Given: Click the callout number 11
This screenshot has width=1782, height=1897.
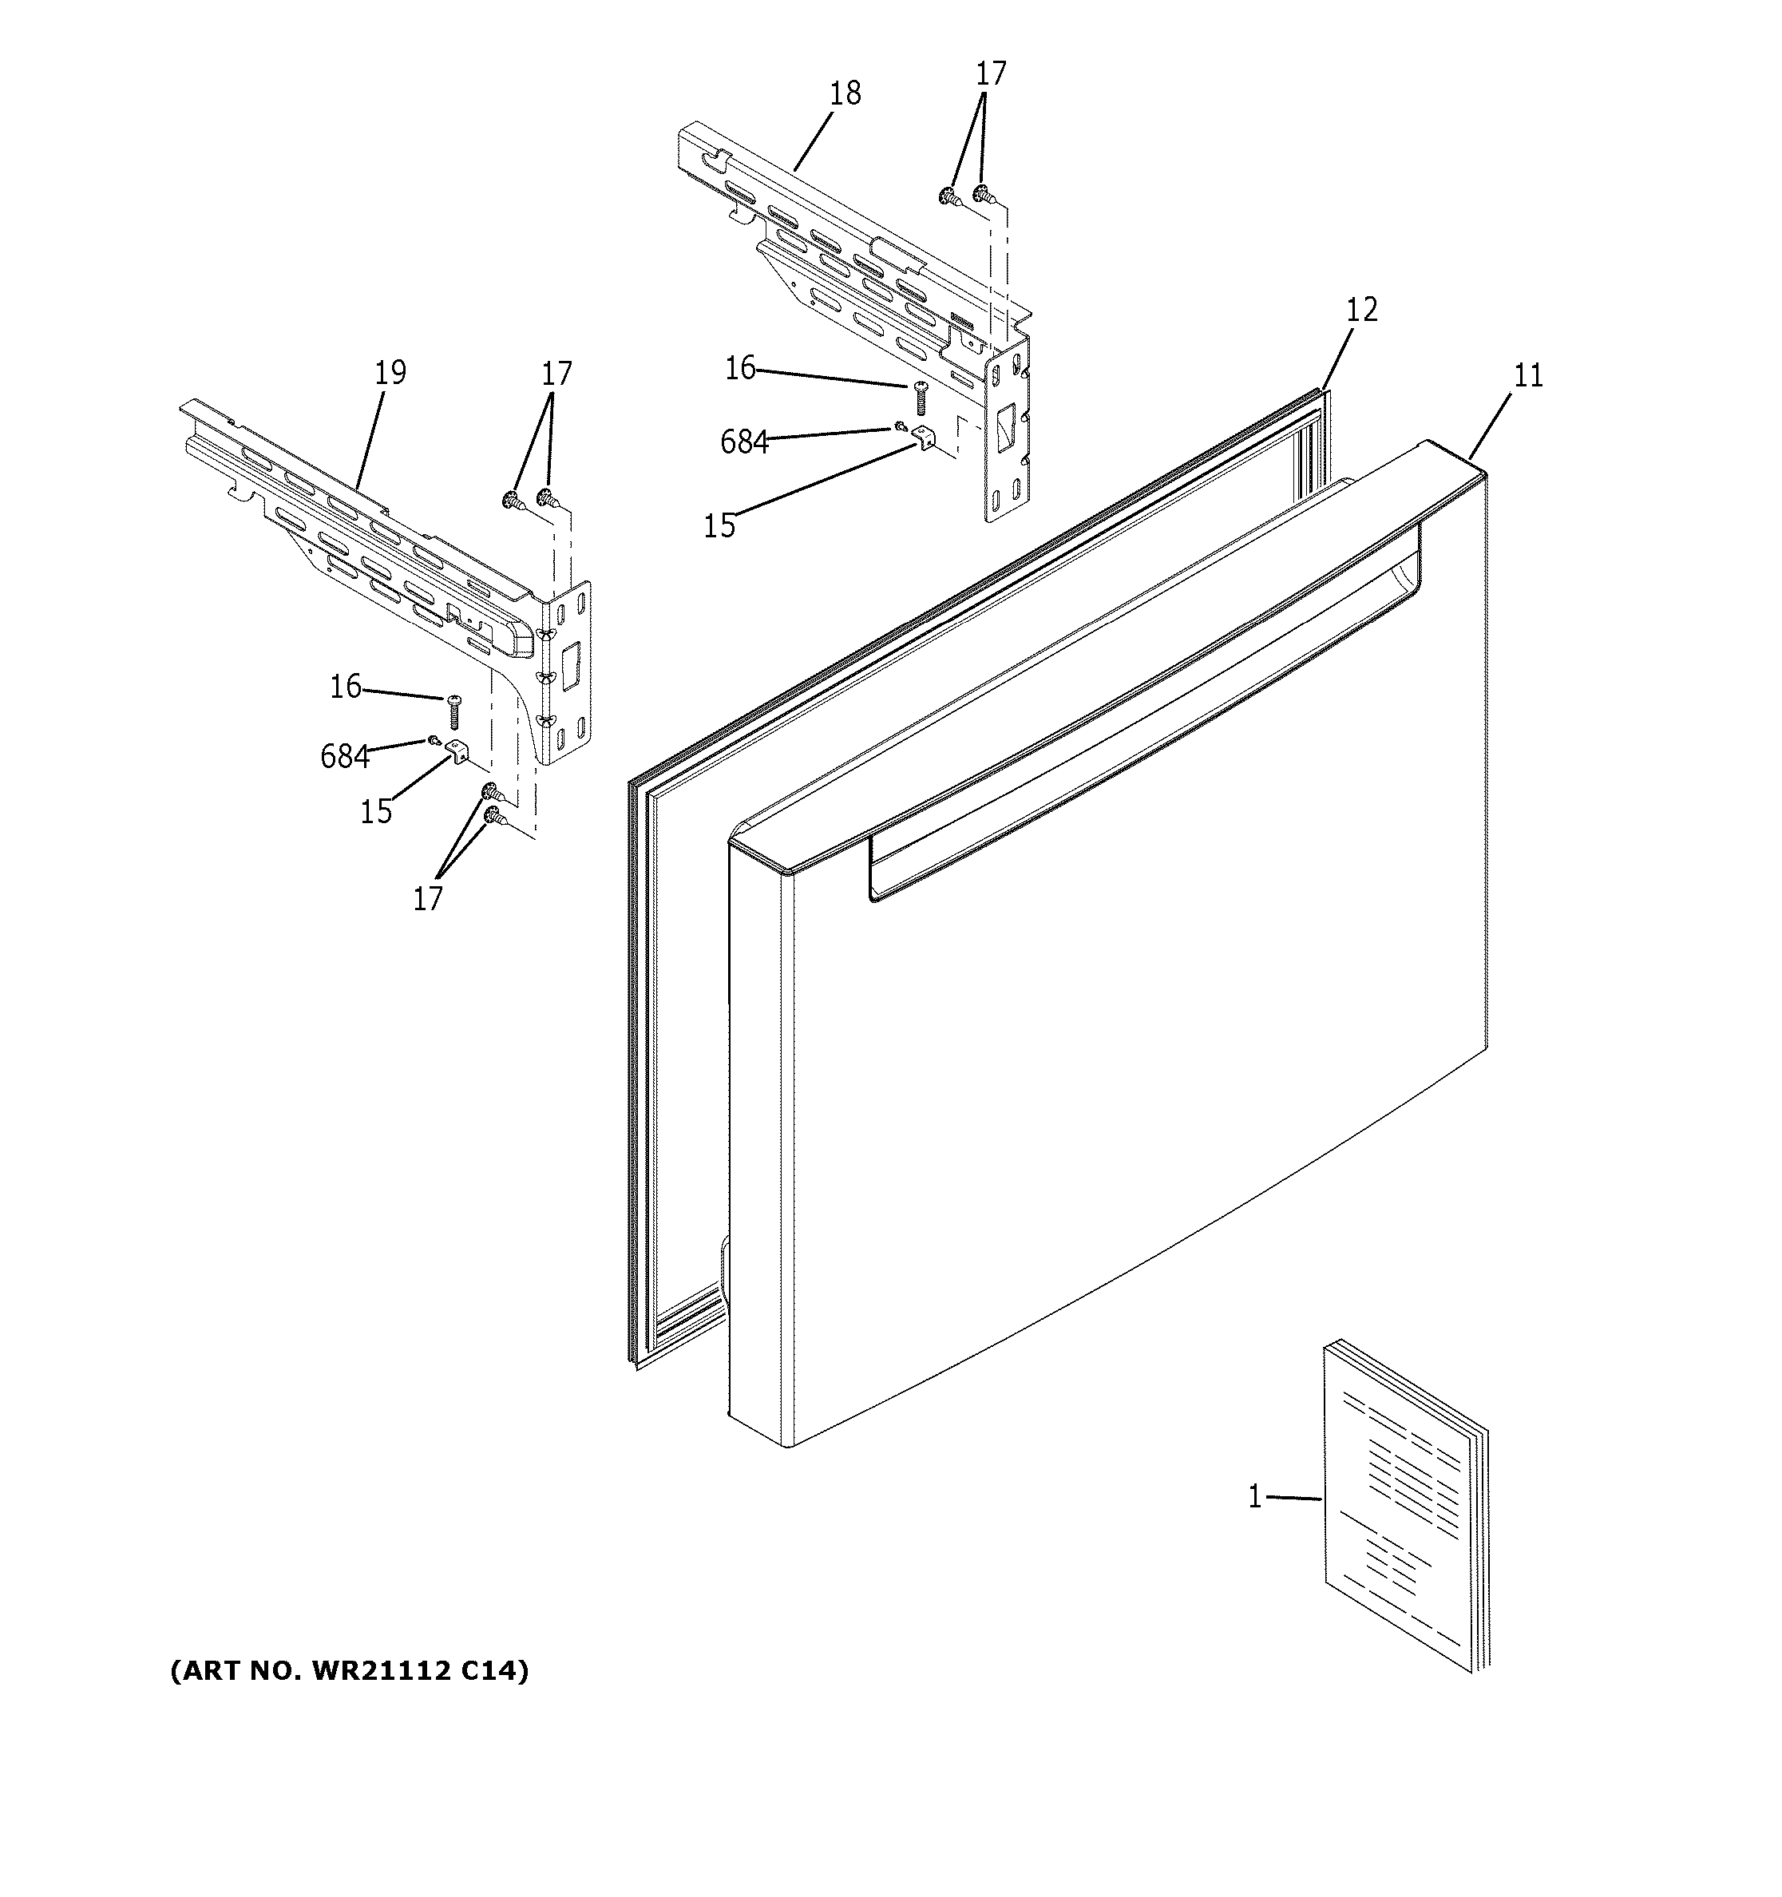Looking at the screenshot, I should click(x=1527, y=376).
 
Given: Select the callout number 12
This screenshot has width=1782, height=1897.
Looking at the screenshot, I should click(x=1361, y=310).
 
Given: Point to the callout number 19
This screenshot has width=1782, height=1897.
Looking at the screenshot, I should click(x=390, y=372).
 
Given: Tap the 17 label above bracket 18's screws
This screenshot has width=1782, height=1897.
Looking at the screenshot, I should click(x=990, y=73).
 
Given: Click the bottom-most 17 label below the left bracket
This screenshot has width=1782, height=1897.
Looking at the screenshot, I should click(x=427, y=898).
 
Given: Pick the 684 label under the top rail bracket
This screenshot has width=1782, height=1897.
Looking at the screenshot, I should click(x=744, y=442).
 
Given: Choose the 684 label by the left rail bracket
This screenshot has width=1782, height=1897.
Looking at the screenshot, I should click(x=344, y=757).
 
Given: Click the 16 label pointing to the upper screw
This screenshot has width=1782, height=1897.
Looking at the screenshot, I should click(x=739, y=367).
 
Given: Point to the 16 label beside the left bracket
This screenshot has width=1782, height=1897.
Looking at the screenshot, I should click(x=346, y=686).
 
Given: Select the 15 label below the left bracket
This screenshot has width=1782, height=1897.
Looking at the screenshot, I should click(x=376, y=812).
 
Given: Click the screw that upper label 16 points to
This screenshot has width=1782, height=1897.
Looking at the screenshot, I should click(x=921, y=396).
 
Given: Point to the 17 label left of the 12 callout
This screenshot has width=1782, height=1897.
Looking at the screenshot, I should click(x=556, y=373).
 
